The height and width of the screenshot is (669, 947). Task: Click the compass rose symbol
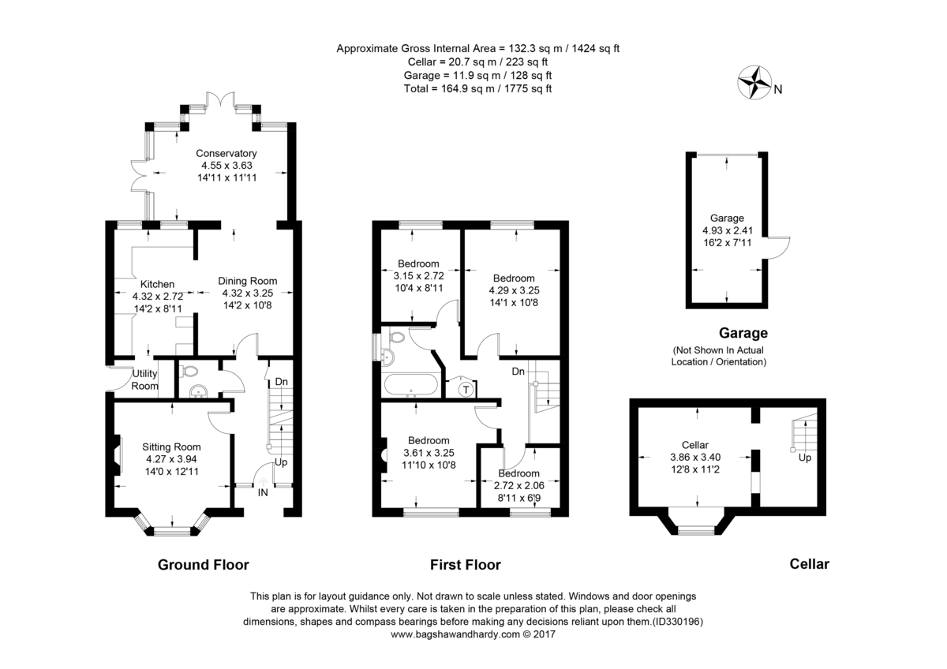(754, 83)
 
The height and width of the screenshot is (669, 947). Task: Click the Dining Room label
(248, 281)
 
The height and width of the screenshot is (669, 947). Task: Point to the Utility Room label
(145, 379)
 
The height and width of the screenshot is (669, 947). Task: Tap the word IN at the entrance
(263, 493)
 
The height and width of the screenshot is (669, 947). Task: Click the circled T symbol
(466, 389)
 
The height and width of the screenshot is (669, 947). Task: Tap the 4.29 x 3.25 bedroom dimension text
(514, 290)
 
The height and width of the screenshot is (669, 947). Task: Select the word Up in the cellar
(805, 458)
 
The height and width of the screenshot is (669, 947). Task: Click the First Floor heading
(465, 565)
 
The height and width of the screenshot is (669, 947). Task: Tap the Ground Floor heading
(204, 565)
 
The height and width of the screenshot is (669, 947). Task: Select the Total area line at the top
(477, 88)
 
